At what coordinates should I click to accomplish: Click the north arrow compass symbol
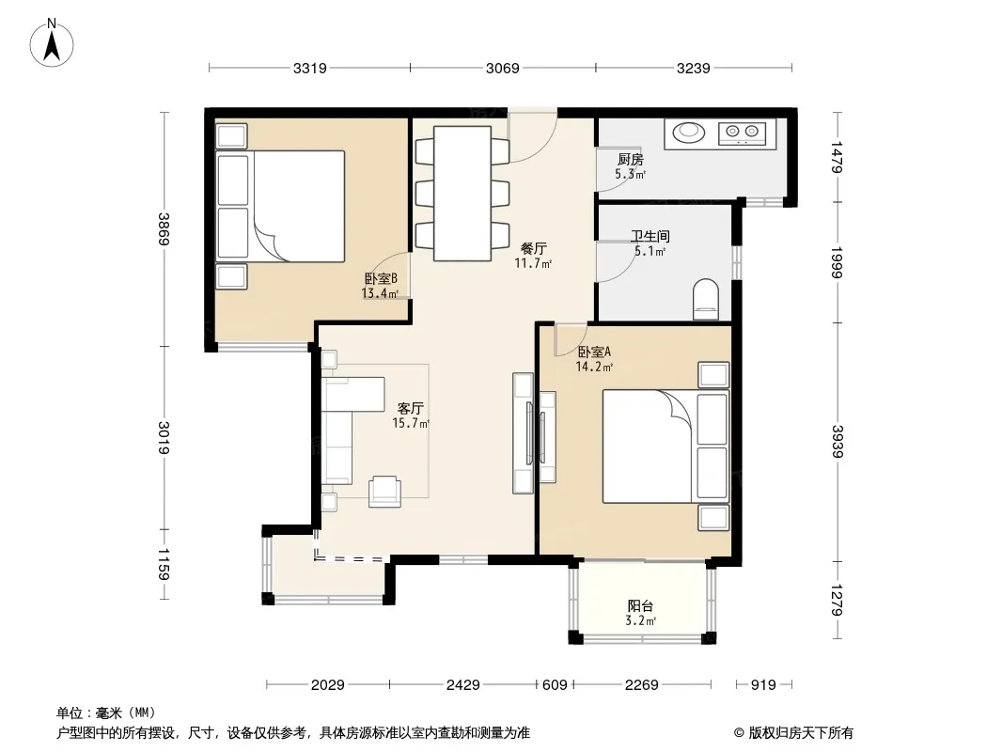coord(52,43)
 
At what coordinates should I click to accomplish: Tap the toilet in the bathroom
coord(706,299)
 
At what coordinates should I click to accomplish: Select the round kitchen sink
coord(689,131)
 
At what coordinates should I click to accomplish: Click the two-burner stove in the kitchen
coord(742,133)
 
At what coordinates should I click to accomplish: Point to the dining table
coord(462,193)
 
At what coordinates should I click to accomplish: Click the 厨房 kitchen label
coord(630,160)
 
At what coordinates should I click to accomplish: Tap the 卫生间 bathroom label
coord(650,236)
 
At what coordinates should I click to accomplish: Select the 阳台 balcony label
coord(640,605)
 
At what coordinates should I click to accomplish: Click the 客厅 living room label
coord(410,408)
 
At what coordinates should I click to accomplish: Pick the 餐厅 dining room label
coord(534,248)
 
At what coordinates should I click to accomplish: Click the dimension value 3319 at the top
coord(310,68)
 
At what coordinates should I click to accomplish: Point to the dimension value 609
coord(555,685)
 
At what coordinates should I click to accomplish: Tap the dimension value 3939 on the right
coord(838,442)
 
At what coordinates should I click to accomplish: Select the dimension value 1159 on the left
coord(164,564)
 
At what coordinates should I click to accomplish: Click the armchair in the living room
coord(384,492)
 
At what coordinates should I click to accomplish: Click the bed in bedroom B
coord(281,206)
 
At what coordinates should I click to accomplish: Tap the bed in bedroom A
coord(665,446)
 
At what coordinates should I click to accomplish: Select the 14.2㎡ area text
coord(594,367)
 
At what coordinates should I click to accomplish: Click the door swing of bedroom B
coord(390,274)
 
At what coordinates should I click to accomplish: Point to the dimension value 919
coord(763,685)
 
